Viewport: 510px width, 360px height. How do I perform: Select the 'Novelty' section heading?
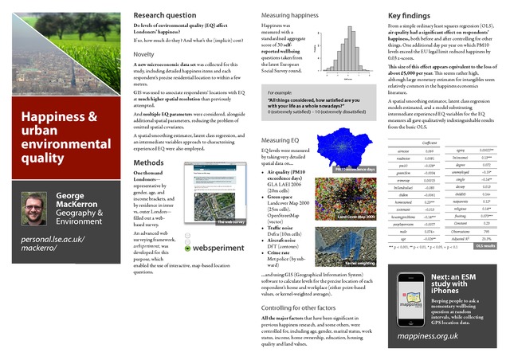(146, 54)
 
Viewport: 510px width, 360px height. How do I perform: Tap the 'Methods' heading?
(149, 162)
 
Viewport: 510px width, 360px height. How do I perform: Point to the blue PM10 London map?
(344, 151)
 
